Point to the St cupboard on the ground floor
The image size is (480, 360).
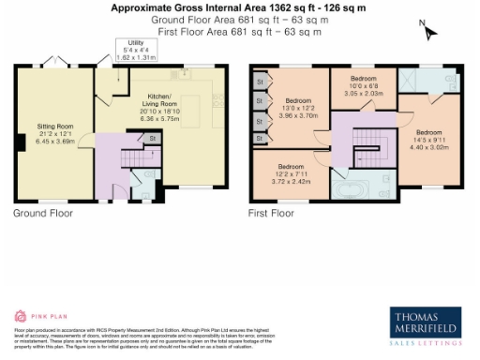coord(151,139)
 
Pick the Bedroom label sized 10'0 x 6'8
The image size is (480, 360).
coord(362,79)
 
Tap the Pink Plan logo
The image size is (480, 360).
coord(34,315)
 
